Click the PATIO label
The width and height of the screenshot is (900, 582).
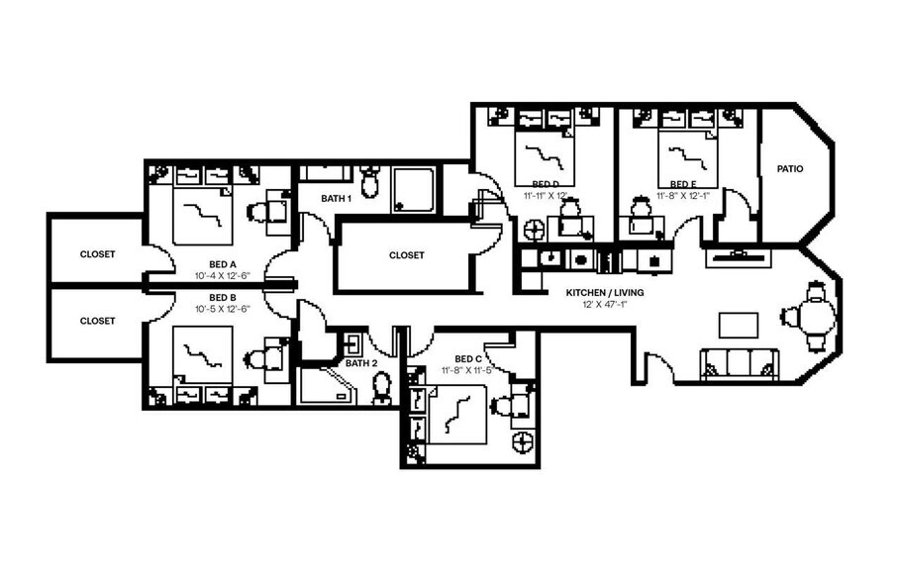[789, 169]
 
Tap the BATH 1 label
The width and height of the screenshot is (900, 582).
[337, 198]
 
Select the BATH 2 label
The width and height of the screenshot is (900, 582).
[361, 363]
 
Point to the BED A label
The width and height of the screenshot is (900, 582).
[222, 264]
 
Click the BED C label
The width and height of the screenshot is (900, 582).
[468, 358]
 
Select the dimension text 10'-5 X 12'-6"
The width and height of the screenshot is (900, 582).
[222, 309]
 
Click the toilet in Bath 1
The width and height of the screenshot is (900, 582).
[370, 182]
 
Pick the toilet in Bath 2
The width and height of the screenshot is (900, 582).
[381, 388]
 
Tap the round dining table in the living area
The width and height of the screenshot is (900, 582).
[815, 318]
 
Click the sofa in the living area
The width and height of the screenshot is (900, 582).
[738, 364]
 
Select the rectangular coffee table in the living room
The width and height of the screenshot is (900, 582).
[739, 325]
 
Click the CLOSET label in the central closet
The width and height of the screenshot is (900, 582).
[406, 255]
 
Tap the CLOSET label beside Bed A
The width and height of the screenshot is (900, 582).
[97, 254]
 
